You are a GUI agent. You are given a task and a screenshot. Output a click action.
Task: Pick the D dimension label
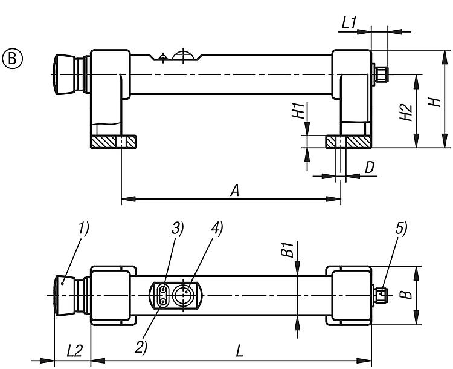point(369,168)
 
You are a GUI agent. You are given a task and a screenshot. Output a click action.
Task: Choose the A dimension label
point(235,191)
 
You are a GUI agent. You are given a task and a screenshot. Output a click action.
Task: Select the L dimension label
point(240,350)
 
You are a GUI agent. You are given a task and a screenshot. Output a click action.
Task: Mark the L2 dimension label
point(74,350)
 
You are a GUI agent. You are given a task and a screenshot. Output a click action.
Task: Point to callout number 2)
point(141,347)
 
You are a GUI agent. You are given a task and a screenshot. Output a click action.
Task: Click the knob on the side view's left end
point(68,74)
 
